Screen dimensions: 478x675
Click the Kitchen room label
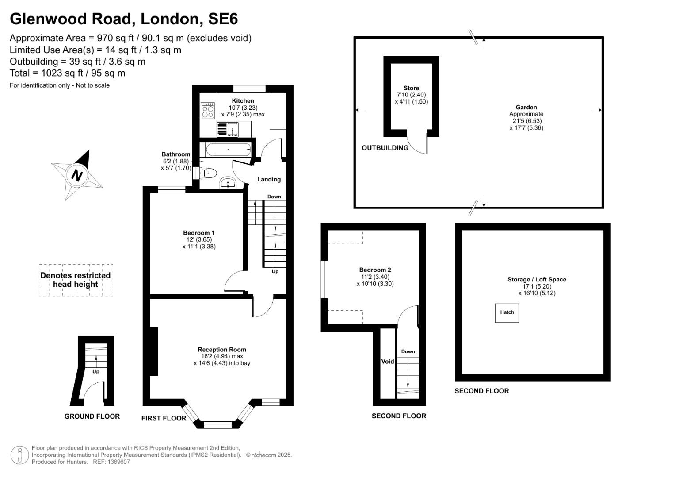point(243,101)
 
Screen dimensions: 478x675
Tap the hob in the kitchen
point(207,111)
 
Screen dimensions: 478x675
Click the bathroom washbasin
point(228,183)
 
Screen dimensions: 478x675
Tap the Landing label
point(269,179)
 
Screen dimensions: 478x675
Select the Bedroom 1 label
point(199,233)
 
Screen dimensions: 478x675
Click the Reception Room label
point(222,350)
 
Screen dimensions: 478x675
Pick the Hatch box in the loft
point(507,312)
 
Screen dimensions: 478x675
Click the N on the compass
point(77,176)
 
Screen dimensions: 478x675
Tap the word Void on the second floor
point(387,362)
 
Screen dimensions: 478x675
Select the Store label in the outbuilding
point(411,88)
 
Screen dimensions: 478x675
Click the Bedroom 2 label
point(375,270)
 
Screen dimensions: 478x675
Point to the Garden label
point(526,107)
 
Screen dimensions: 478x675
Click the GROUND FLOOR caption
point(92,416)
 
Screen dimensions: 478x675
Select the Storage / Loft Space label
point(536,280)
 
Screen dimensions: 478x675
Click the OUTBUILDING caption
point(385,148)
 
